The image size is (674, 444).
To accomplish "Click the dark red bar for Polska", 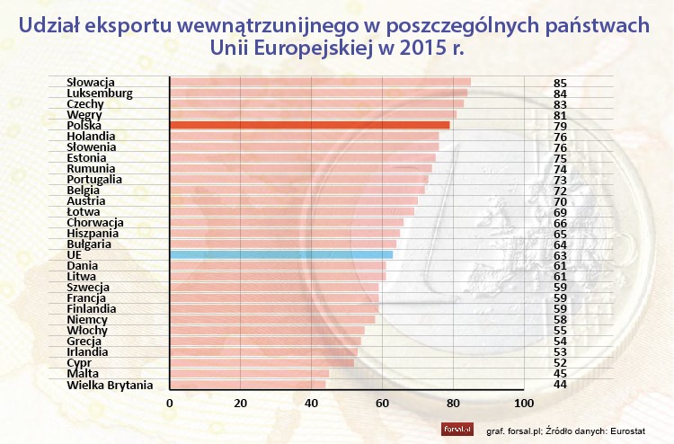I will tap(309, 125).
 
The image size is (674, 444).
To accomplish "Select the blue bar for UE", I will tap(280, 254).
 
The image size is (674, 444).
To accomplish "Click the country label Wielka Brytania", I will tap(110, 385).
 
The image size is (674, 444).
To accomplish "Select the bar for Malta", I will tap(249, 374).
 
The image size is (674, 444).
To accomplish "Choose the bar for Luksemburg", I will tap(318, 93).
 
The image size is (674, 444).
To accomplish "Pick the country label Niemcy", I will tap(88, 319).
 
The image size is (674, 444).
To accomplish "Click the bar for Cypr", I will tap(261, 363).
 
